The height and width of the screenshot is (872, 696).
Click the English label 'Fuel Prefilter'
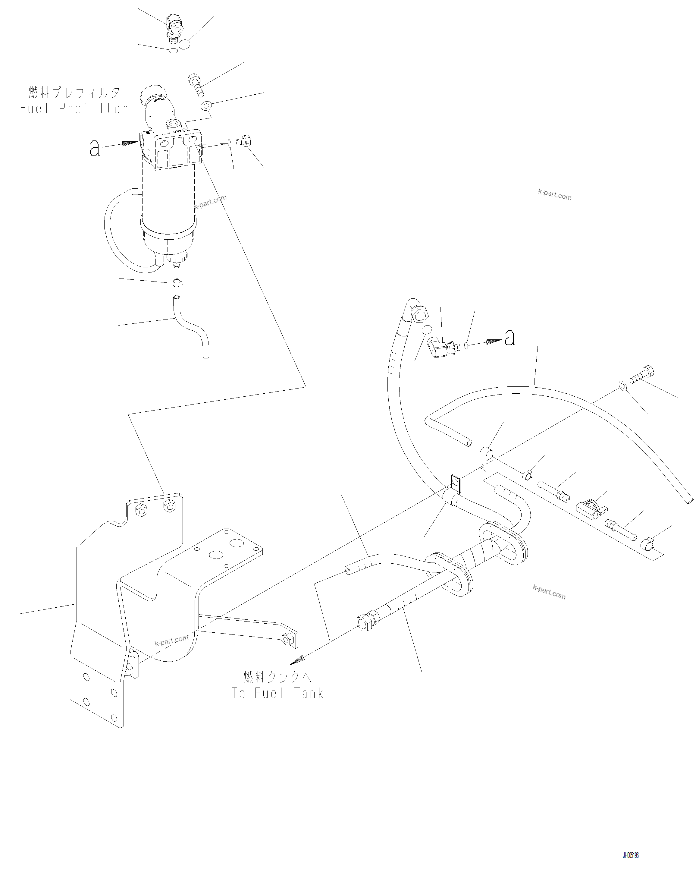pyautogui.click(x=74, y=109)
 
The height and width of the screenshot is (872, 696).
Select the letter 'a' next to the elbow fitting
pyautogui.click(x=510, y=338)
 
